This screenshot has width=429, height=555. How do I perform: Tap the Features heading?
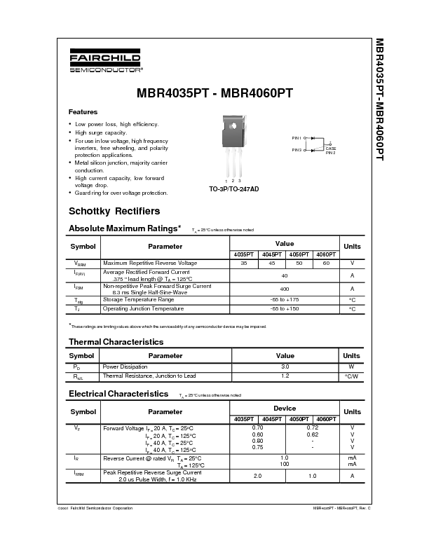(x=83, y=112)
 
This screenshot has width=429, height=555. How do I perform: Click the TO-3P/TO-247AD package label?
(x=233, y=189)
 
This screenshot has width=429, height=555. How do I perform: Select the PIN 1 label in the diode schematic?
(x=297, y=138)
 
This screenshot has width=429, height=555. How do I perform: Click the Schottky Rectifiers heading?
(x=114, y=211)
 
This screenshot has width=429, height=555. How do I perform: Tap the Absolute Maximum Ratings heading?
(x=124, y=228)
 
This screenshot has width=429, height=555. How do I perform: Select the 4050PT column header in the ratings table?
(x=299, y=254)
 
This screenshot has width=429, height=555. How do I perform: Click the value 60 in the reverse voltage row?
(x=326, y=263)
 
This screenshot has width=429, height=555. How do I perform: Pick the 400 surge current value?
(x=285, y=288)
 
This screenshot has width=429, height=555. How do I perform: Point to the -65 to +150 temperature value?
(x=285, y=308)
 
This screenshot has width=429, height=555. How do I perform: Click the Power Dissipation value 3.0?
(x=285, y=366)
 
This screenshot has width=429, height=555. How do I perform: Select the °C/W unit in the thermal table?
(x=351, y=376)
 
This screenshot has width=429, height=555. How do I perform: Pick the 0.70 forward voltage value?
(x=257, y=427)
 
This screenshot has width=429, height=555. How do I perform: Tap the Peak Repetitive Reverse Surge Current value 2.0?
(x=257, y=476)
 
